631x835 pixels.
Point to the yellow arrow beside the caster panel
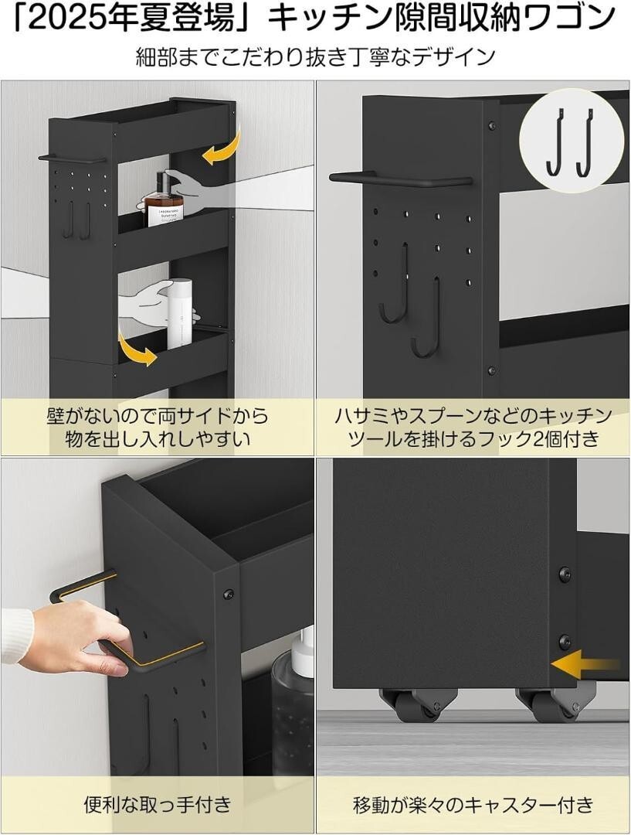tap(585, 664)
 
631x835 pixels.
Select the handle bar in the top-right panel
tap(400, 179)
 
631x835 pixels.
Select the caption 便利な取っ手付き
tap(158, 803)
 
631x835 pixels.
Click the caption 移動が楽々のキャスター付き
tap(473, 803)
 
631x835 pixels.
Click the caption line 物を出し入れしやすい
tap(158, 439)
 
